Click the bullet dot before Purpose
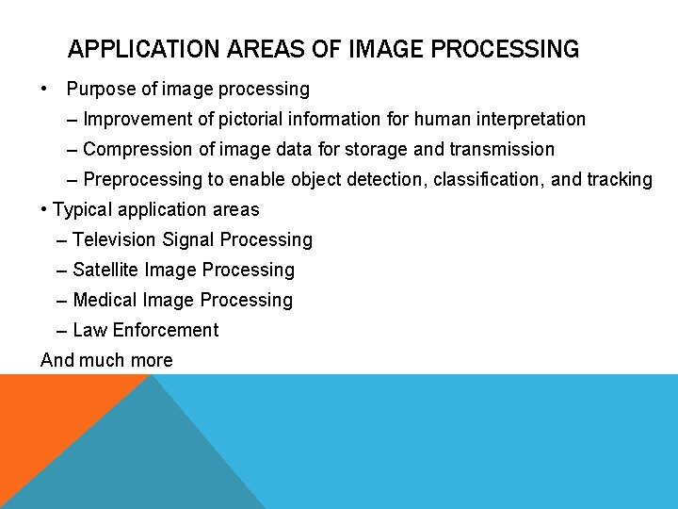click(45, 90)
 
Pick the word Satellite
click(105, 271)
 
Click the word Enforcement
click(166, 331)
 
